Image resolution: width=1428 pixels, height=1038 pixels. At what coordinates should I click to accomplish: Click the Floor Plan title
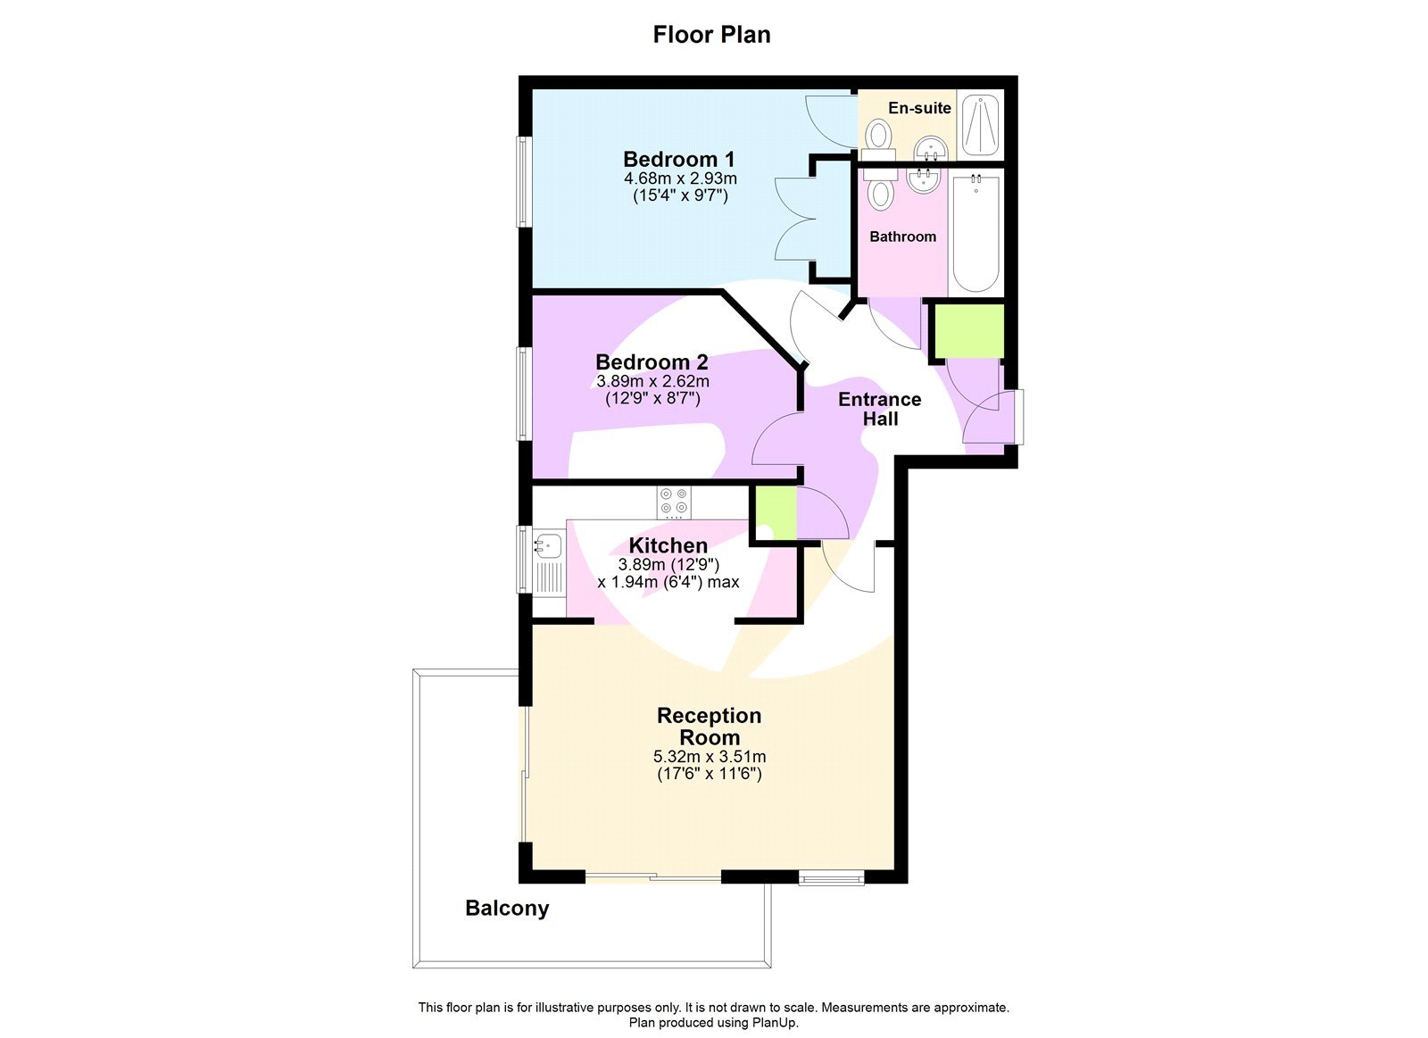click(x=711, y=35)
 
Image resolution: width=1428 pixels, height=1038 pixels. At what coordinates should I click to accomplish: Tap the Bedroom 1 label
click(x=678, y=160)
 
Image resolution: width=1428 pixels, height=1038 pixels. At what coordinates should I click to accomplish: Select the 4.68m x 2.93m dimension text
click(x=680, y=179)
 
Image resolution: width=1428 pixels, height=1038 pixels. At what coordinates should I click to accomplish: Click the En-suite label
click(x=919, y=108)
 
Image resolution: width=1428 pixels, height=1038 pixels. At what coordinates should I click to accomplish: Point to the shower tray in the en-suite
click(x=980, y=125)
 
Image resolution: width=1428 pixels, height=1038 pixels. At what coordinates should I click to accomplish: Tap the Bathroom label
click(x=902, y=237)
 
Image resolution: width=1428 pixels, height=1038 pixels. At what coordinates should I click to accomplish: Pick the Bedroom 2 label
click(x=652, y=362)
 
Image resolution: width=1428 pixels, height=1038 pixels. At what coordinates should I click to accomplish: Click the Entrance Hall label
click(x=879, y=409)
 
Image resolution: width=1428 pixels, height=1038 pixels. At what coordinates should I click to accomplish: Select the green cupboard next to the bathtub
click(x=968, y=330)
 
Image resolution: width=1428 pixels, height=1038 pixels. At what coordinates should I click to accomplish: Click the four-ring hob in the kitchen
click(x=674, y=502)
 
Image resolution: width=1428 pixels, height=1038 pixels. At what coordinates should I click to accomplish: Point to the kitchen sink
click(x=548, y=544)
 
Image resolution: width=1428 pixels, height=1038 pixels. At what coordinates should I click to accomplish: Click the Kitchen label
click(x=668, y=545)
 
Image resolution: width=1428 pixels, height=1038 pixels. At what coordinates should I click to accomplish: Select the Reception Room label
click(x=710, y=727)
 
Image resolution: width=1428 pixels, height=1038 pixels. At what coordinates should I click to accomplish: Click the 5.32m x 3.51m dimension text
click(x=710, y=757)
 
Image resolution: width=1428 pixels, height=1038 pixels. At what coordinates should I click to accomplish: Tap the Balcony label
click(x=507, y=909)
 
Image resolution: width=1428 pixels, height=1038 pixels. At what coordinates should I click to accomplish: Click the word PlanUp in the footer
click(x=774, y=1023)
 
